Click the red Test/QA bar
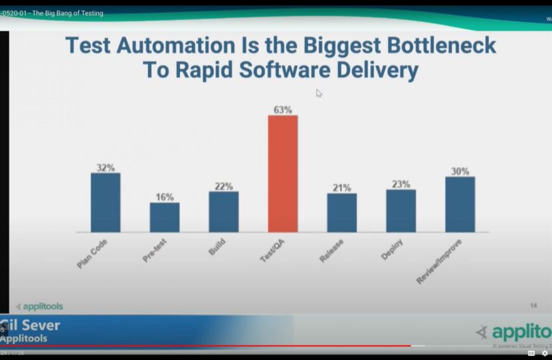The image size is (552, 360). [283, 173]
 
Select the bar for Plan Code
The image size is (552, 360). [106, 203]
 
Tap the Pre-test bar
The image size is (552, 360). [164, 217]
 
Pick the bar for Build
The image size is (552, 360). [224, 212]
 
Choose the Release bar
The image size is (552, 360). [341, 213]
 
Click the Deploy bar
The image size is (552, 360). [401, 211]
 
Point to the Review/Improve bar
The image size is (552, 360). [460, 205]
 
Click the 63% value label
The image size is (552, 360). [283, 110]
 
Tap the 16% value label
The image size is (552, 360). [165, 197]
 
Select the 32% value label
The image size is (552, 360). [106, 167]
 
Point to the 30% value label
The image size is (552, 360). [460, 171]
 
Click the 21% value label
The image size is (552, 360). [342, 188]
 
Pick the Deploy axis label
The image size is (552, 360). [392, 248]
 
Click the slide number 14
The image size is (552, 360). [533, 306]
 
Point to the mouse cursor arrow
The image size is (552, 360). [319, 93]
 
